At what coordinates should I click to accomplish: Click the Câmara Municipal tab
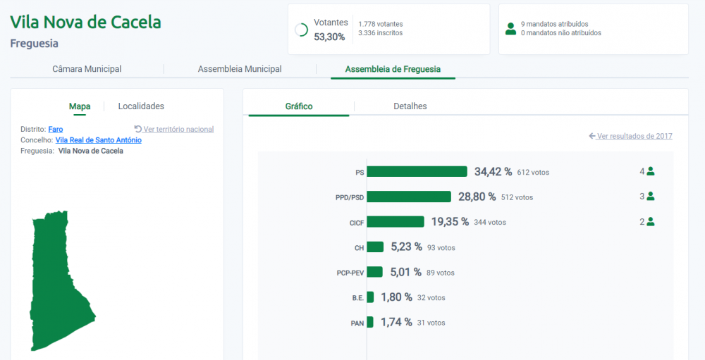(x=87, y=69)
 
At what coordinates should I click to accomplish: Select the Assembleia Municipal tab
(x=240, y=69)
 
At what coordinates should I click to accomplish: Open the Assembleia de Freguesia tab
(x=393, y=69)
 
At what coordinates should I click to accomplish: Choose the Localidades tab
(x=141, y=106)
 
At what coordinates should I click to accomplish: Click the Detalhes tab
(x=410, y=106)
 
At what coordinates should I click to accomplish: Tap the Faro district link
(x=56, y=130)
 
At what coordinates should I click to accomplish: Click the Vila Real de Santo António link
(x=99, y=140)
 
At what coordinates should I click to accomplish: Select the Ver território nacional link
(x=174, y=130)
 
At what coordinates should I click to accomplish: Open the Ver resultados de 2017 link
(x=631, y=136)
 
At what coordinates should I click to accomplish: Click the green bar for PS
(x=417, y=172)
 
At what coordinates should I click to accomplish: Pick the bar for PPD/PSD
(x=409, y=197)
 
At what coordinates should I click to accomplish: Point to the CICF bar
(x=396, y=222)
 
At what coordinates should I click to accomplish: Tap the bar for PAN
(x=370, y=322)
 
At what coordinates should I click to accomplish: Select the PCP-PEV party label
(x=350, y=273)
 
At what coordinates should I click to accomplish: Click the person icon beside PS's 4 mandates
(x=650, y=171)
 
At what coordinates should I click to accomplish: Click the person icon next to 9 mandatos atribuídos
(x=510, y=29)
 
